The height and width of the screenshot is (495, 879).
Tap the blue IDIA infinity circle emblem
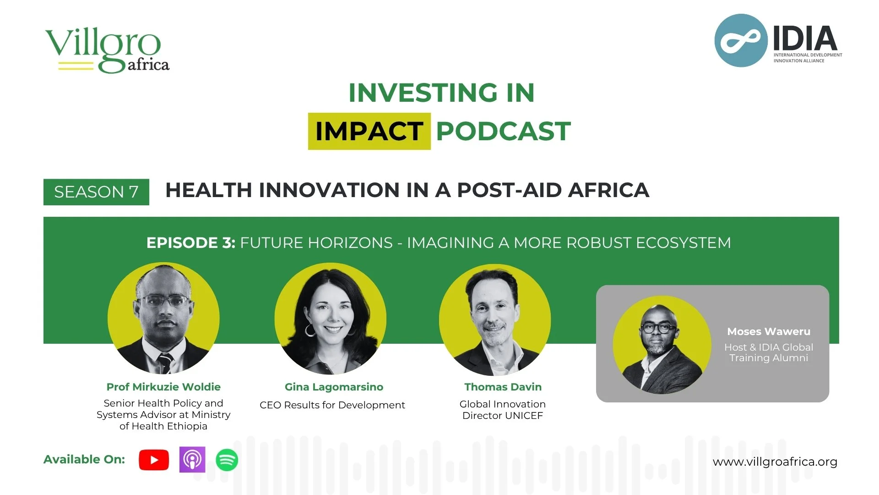point(741,40)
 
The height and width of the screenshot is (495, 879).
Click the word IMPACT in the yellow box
point(369,132)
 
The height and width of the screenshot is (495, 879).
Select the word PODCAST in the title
point(503,132)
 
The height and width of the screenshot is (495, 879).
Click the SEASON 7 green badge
point(96,192)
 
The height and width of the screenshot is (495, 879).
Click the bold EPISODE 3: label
point(190,242)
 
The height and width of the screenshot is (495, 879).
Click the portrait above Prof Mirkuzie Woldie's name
point(163,319)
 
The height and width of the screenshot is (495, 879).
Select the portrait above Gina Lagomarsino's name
point(330,319)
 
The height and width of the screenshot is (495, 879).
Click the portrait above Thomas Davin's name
point(494,319)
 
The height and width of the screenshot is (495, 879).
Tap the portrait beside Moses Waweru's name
point(662,345)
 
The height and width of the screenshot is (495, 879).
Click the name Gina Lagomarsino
point(334,387)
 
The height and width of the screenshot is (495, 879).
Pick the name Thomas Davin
point(503,387)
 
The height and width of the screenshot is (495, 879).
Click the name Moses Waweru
point(768,331)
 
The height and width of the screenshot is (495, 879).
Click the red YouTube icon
point(154,460)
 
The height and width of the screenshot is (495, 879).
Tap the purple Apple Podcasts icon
point(192,459)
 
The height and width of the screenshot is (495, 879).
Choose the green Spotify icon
point(227,460)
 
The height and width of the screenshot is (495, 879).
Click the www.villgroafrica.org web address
point(775,462)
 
